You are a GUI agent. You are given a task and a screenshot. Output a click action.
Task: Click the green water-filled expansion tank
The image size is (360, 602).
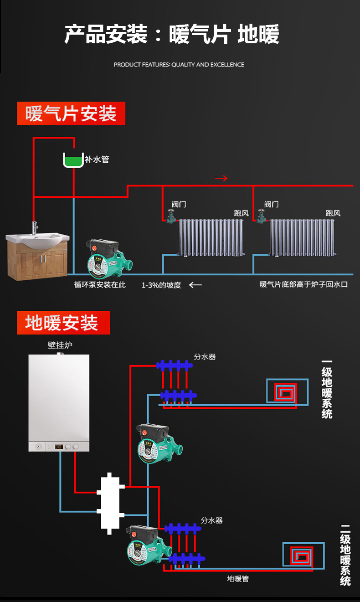(73, 161)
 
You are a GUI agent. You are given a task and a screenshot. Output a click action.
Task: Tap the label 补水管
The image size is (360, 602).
(97, 160)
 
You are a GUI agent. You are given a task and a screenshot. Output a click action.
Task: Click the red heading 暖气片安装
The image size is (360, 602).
(71, 113)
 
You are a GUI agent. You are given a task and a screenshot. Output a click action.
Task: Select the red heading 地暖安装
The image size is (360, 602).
(63, 323)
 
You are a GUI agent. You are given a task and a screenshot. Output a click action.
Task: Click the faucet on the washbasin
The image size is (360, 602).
(35, 227)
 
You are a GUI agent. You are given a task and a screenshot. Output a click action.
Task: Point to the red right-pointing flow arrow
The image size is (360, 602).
(221, 178)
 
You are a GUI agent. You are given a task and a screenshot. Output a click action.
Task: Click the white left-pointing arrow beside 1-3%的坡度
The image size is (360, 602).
(195, 285)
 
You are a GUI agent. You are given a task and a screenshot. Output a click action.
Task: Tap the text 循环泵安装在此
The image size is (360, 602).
(100, 285)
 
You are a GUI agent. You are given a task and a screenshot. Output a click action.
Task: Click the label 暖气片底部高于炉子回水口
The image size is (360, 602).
(303, 285)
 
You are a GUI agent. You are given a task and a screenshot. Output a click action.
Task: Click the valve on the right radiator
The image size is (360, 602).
(262, 216)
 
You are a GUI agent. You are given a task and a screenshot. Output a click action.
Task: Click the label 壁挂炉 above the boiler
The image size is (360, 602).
(60, 345)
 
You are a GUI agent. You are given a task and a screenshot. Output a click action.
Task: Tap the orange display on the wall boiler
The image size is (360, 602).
(58, 447)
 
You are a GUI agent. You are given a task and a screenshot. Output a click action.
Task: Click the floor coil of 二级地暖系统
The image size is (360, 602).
(303, 555)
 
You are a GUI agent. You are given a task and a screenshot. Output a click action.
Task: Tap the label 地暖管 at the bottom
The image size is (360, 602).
(238, 579)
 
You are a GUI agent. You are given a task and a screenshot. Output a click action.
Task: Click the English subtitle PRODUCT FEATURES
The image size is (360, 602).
(179, 65)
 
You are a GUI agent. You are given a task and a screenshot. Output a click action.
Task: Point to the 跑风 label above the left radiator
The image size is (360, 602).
(241, 213)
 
